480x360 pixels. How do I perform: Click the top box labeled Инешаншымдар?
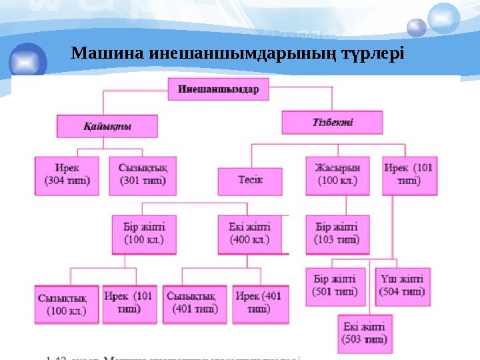point(218,89)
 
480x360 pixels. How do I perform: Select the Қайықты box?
point(107,126)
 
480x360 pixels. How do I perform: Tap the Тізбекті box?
point(333,123)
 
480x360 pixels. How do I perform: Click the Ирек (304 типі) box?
point(67,175)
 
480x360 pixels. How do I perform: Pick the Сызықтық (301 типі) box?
point(143,175)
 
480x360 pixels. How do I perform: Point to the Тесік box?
point(250,181)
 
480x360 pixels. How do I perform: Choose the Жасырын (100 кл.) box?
point(337,175)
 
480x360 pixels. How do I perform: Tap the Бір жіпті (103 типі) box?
point(337,234)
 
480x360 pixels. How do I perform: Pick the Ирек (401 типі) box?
point(260,304)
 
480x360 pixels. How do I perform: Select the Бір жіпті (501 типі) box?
point(335,287)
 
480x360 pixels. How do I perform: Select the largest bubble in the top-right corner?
point(443,18)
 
